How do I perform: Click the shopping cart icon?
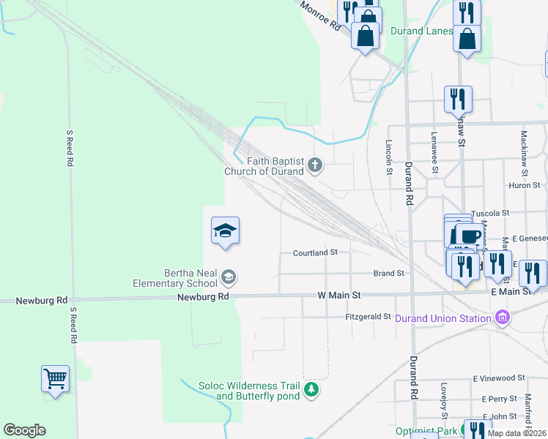[x=55, y=379]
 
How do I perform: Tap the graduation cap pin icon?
[x=226, y=231]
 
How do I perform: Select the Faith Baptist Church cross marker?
[x=315, y=165]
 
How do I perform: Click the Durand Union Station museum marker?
[x=502, y=318]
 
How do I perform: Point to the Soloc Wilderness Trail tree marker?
[x=312, y=389]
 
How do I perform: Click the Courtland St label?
[x=315, y=252]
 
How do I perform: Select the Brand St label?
[x=389, y=273]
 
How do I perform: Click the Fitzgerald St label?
[x=369, y=317]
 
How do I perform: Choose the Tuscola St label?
[x=490, y=213]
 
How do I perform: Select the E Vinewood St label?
[x=499, y=378]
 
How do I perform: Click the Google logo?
[x=24, y=430]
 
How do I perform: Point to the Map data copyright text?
[x=517, y=433]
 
